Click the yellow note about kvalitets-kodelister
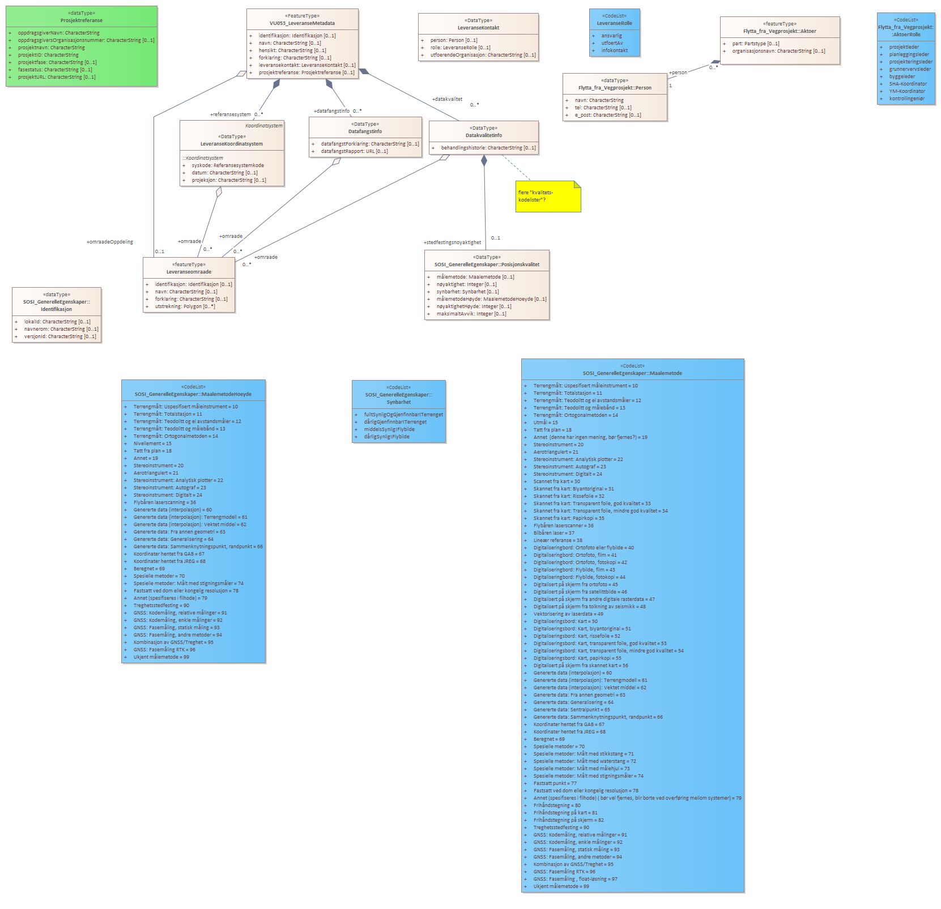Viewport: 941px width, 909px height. point(547,197)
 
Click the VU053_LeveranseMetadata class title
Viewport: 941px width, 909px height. point(302,23)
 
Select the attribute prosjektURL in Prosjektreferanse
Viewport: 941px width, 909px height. point(57,77)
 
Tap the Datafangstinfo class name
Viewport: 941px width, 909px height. point(365,131)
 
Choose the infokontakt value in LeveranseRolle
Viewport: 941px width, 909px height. point(614,50)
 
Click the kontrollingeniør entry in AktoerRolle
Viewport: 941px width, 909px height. point(906,99)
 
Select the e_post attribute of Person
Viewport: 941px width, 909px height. point(607,115)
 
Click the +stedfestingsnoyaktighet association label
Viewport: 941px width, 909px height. point(452,242)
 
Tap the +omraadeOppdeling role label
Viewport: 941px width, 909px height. point(110,242)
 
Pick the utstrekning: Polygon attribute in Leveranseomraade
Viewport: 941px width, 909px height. point(185,306)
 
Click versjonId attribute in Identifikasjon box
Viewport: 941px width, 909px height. point(60,336)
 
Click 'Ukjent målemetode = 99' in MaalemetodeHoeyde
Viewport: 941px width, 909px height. point(161,657)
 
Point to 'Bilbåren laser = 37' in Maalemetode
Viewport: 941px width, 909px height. point(553,533)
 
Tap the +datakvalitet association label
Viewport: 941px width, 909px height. point(447,99)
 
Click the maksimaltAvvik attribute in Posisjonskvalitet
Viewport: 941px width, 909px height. point(471,314)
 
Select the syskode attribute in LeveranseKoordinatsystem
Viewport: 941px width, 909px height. point(228,165)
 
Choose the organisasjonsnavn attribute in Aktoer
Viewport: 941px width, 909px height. point(778,51)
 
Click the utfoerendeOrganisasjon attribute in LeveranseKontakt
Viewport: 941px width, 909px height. point(483,55)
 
